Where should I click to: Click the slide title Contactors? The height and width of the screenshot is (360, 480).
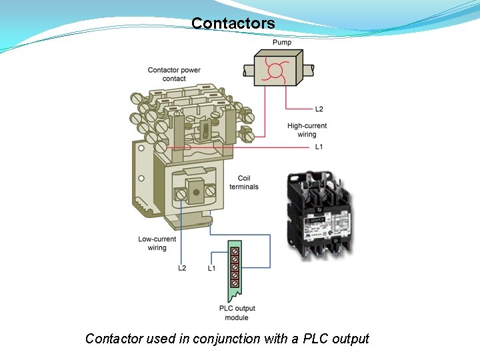coord(233,23)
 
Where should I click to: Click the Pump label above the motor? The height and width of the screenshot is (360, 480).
coord(282,43)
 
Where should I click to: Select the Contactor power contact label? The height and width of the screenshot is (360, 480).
coord(174,74)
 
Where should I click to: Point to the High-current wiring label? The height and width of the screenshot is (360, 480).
coord(307,130)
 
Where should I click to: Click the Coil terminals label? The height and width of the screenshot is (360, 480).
coord(244,183)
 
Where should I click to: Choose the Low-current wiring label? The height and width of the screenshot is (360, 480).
coord(157,243)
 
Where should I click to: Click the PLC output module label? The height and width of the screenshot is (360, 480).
coord(237,313)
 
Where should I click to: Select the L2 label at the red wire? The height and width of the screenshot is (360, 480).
coord(319,109)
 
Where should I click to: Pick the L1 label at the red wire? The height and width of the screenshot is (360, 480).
coord(319,147)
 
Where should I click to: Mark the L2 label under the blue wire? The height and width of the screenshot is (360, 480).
coord(182,268)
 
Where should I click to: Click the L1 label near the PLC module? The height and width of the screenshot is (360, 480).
coord(211,268)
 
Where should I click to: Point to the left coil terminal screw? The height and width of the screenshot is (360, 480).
coord(180,194)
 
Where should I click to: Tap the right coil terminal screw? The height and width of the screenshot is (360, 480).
coord(211,191)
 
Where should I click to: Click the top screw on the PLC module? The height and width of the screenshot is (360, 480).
coord(235,252)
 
